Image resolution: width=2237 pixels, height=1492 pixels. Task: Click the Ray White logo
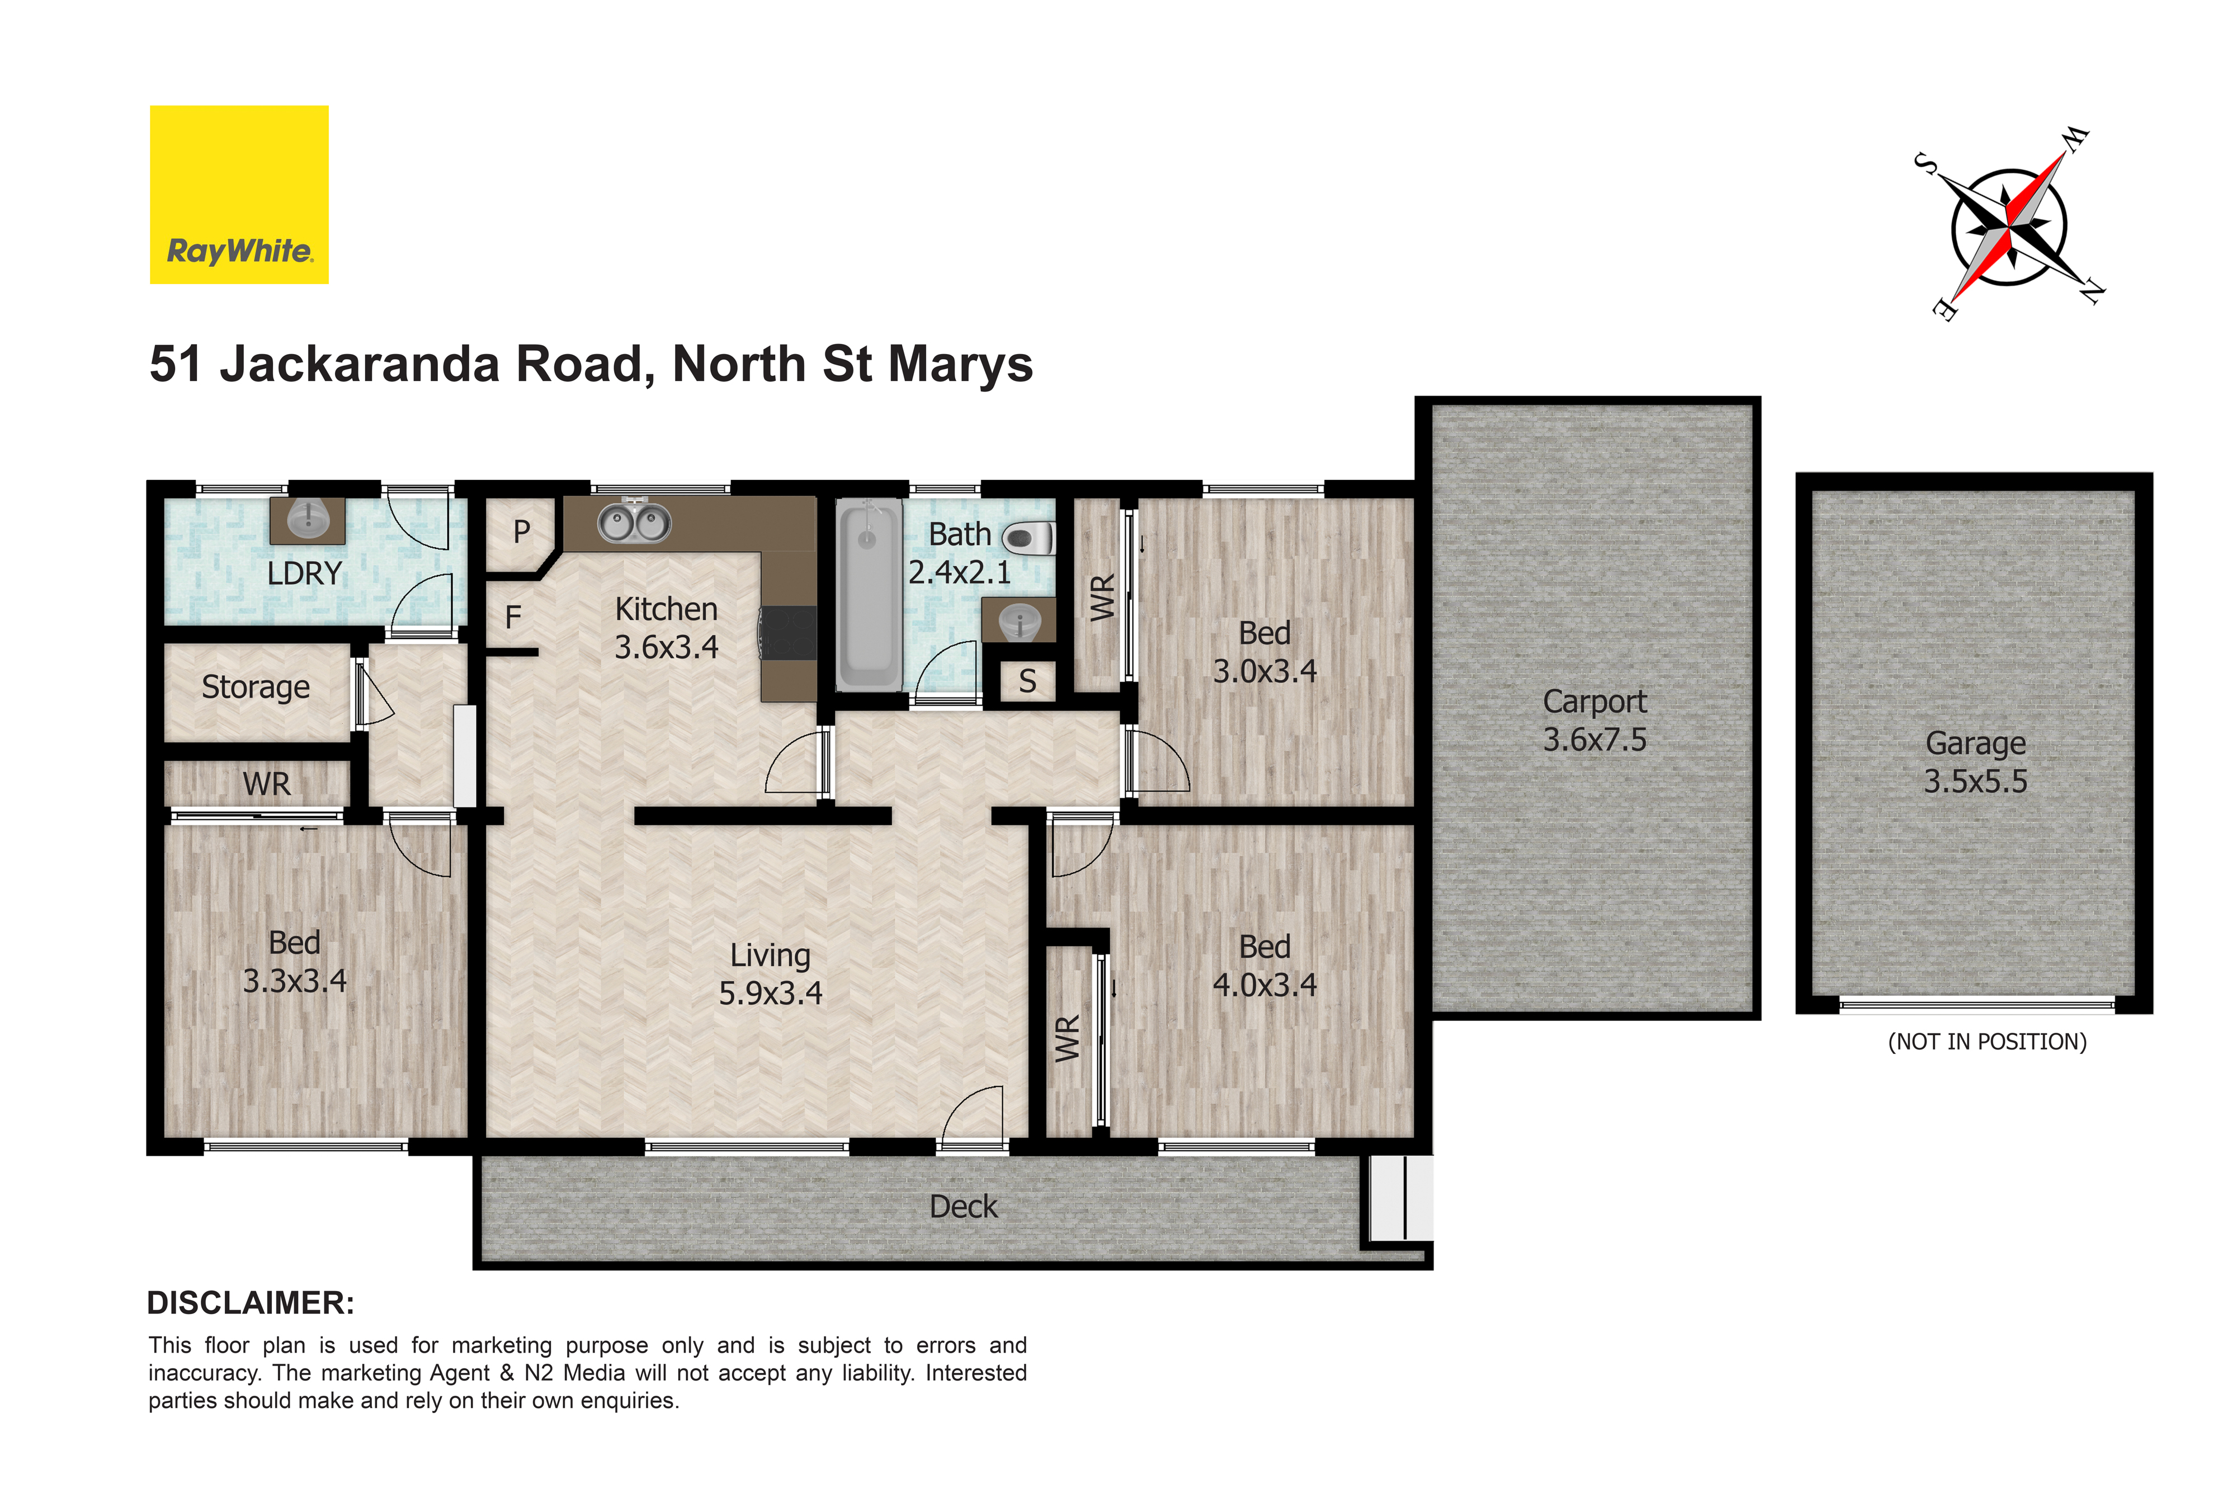coord(239,194)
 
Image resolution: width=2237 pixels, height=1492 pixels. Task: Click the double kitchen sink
coord(634,521)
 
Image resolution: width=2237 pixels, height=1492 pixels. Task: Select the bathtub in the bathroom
coord(869,596)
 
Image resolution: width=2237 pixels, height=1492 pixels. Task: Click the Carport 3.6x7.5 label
coord(1594,721)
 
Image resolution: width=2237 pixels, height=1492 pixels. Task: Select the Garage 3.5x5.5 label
coord(1975,761)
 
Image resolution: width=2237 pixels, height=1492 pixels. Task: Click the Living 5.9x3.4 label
coord(771,973)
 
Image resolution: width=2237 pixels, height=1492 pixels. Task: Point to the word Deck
coord(964,1207)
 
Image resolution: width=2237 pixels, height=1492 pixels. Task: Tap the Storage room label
coord(256,687)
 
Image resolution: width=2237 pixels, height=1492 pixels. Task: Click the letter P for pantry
coord(521,531)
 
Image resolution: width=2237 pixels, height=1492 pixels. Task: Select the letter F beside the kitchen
coord(513,618)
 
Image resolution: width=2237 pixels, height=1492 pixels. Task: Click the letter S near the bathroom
coord(1027,681)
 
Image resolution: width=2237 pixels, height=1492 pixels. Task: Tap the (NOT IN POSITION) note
coord(1987,1042)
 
